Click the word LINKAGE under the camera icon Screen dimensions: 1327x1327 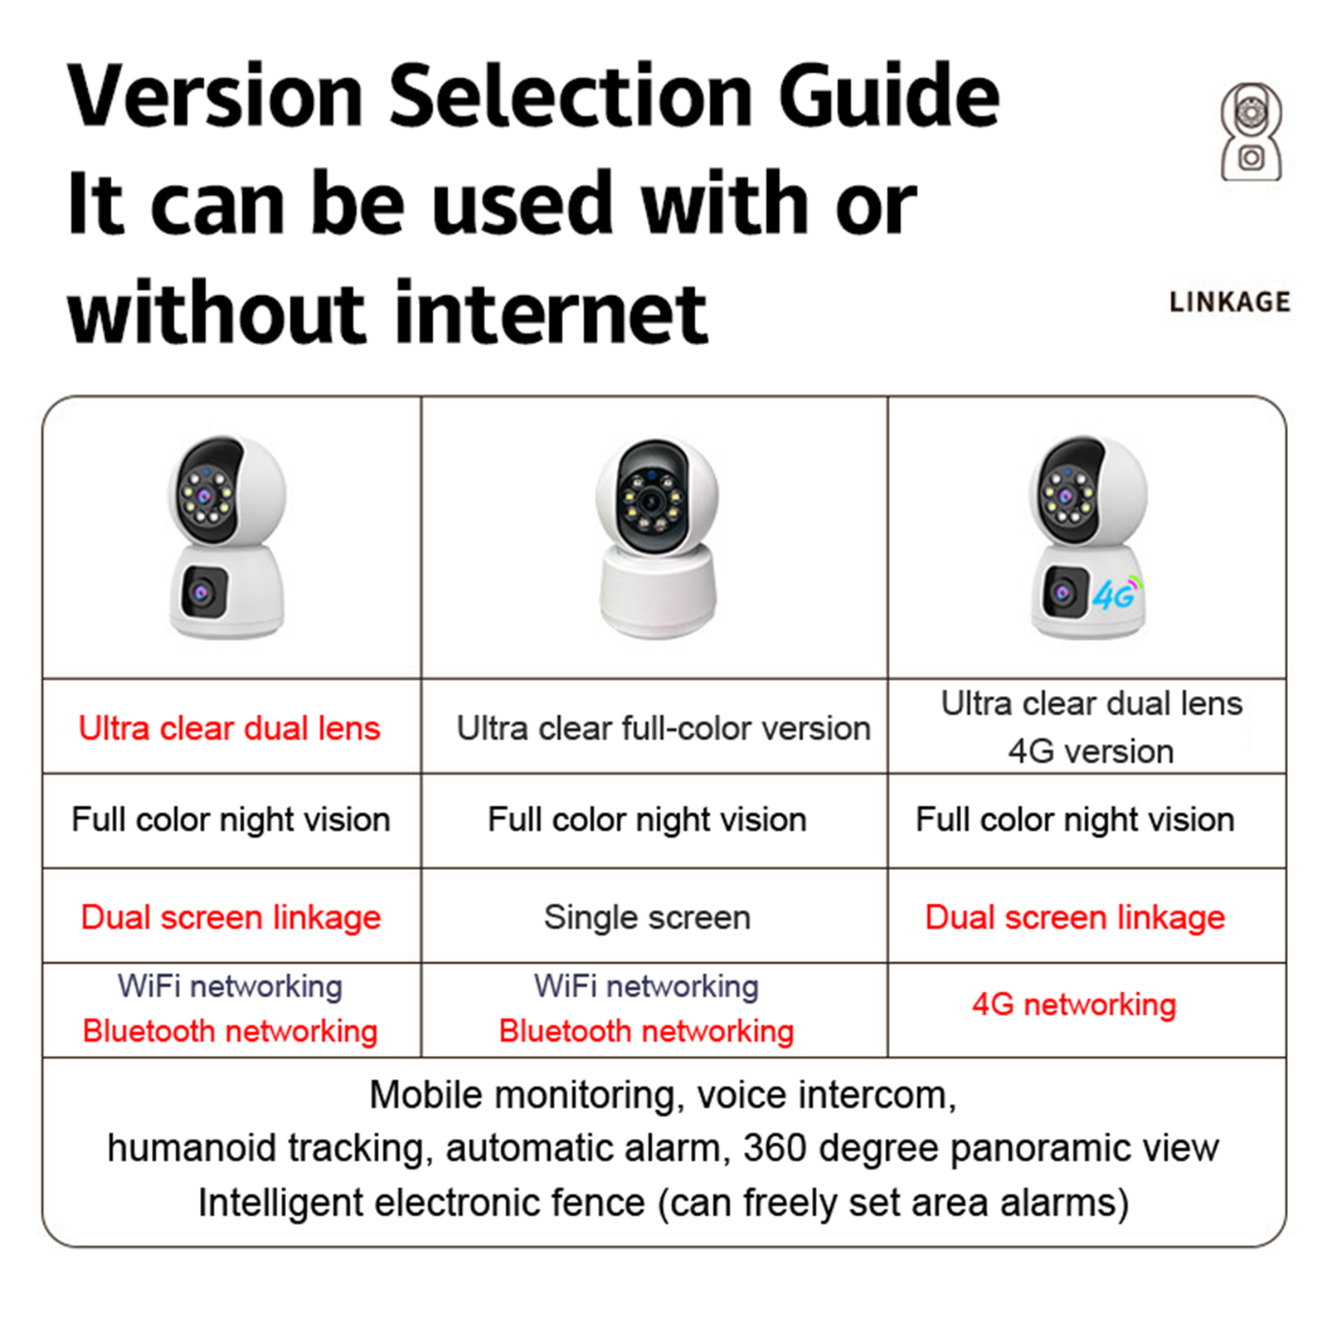[x=1230, y=302]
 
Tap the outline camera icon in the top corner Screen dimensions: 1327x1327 [x=1251, y=132]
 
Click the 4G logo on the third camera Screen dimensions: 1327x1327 [x=1116, y=593]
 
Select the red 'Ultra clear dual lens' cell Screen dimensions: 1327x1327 [x=230, y=728]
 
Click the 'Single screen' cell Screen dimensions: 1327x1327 [x=647, y=917]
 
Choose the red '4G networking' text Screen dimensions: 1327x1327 [x=1074, y=1004]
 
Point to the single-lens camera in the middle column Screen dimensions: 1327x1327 [x=657, y=537]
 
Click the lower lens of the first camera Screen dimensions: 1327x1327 [x=202, y=592]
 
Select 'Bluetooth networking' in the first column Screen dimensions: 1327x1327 [x=230, y=1031]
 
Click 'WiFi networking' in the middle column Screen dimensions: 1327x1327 [x=646, y=986]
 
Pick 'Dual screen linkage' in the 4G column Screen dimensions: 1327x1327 [x=1075, y=917]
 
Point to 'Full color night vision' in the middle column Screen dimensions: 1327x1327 [x=647, y=819]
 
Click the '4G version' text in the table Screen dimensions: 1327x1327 [x=1091, y=751]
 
